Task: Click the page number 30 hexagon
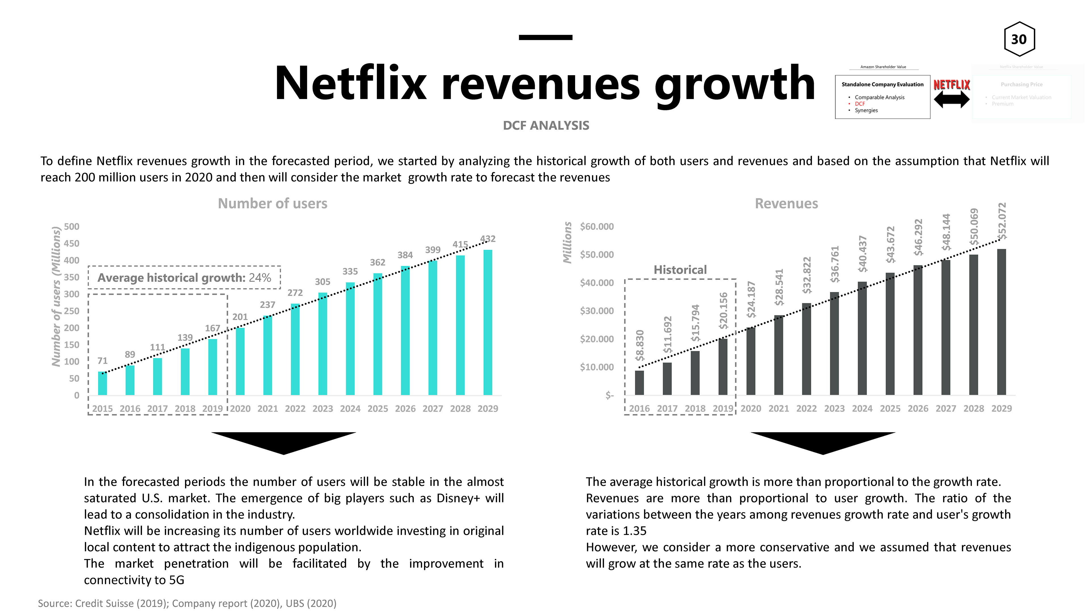point(1019,39)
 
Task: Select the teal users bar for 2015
point(102,383)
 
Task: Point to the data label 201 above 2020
point(240,317)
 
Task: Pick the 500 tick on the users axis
point(72,227)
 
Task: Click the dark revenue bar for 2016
point(639,383)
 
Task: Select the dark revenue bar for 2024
point(862,339)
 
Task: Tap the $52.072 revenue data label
point(1001,221)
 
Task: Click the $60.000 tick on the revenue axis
point(597,227)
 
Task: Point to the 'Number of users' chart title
point(272,203)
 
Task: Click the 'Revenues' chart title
point(786,203)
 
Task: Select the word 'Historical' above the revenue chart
point(680,270)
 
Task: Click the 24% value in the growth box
point(260,278)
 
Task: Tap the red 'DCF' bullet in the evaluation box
point(860,104)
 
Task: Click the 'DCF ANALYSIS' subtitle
point(546,126)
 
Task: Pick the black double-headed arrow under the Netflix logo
point(952,100)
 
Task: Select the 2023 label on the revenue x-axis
point(834,409)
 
